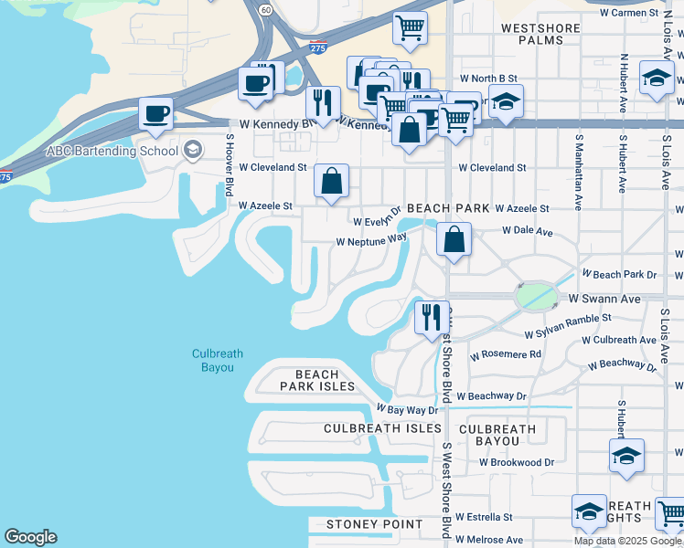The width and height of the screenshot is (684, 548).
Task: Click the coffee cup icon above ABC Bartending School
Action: (x=155, y=115)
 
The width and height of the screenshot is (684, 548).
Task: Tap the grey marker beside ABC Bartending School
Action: (x=193, y=150)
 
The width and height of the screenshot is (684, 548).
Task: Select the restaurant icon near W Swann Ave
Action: (x=431, y=318)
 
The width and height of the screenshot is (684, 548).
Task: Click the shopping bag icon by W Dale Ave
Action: (x=454, y=241)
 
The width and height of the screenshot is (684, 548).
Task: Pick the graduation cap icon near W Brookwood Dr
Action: (x=626, y=456)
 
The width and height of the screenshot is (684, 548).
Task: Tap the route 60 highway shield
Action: (x=264, y=9)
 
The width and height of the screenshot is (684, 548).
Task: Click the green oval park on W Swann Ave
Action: (x=536, y=297)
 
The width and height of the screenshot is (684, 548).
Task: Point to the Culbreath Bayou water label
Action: (x=213, y=361)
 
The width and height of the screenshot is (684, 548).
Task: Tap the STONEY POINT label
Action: (x=375, y=524)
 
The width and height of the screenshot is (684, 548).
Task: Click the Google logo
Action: (x=31, y=537)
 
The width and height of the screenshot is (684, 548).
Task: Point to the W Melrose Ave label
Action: (x=489, y=540)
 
